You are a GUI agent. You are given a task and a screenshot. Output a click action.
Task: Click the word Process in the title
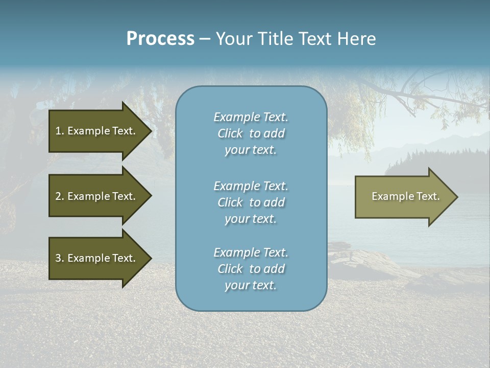pyautogui.click(x=160, y=39)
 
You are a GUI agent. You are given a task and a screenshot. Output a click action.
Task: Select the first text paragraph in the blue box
pyautogui.click(x=251, y=133)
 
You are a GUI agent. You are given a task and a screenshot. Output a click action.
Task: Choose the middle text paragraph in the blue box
pyautogui.click(x=251, y=202)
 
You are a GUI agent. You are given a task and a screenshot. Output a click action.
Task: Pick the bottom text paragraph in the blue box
pyautogui.click(x=251, y=269)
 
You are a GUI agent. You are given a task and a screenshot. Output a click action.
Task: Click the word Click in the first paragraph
pyautogui.click(x=230, y=133)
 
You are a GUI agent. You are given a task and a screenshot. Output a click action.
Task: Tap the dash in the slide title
pyautogui.click(x=205, y=39)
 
